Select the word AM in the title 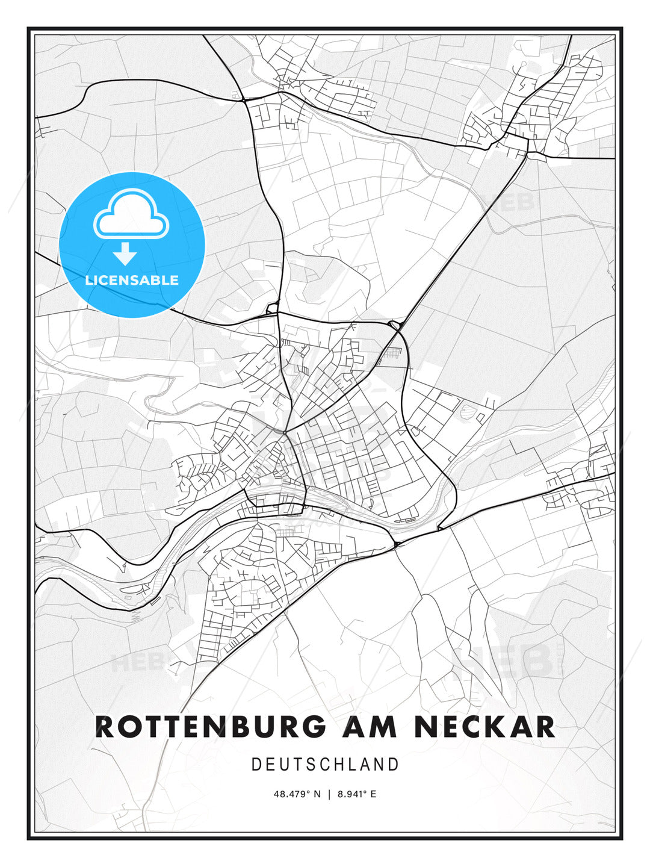[371, 727]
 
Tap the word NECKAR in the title [484, 727]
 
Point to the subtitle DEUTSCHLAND [325, 765]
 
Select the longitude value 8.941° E [357, 794]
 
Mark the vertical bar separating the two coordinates [329, 794]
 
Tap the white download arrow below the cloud [125, 253]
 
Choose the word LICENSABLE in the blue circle [132, 280]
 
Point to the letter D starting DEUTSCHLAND [256, 765]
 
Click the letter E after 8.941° [373, 794]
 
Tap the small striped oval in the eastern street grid [467, 411]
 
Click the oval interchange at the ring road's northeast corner [395, 326]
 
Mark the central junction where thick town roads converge [285, 432]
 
